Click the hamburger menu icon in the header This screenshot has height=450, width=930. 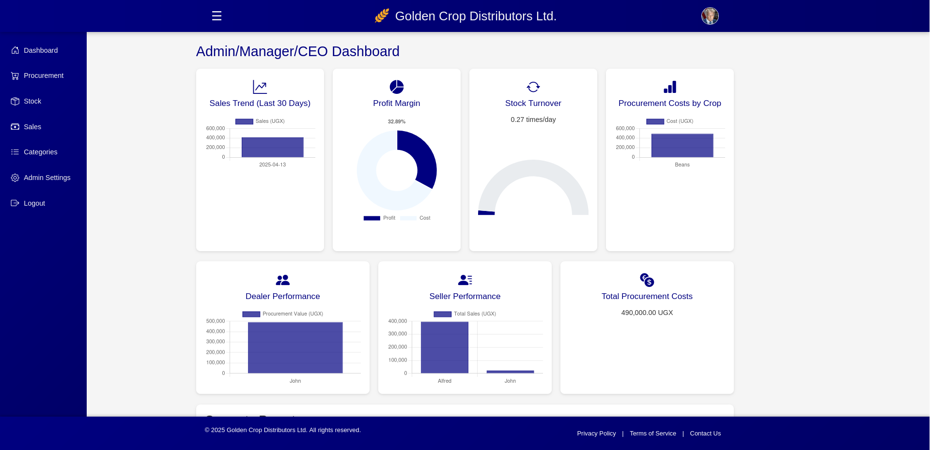[217, 16]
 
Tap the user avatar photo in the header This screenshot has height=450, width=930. [710, 16]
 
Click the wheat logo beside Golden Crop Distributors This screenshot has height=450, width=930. [382, 16]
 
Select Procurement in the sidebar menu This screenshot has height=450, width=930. [43, 75]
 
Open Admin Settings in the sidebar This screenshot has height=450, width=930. [46, 178]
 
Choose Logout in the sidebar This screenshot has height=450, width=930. [34, 203]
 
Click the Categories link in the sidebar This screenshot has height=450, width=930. [40, 152]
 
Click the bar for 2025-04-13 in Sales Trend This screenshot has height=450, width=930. [272, 147]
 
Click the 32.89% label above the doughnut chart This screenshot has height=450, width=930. [396, 121]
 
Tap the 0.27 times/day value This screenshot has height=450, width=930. [533, 120]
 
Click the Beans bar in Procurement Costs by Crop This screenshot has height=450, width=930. [682, 145]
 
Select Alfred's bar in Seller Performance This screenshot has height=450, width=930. [444, 347]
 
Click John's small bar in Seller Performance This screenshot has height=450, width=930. [510, 372]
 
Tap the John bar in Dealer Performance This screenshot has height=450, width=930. [295, 347]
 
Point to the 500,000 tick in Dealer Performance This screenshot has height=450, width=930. [216, 321]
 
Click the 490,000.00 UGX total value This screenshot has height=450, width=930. [647, 313]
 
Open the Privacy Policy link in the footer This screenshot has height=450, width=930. [596, 434]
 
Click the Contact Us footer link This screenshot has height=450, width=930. [705, 434]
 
